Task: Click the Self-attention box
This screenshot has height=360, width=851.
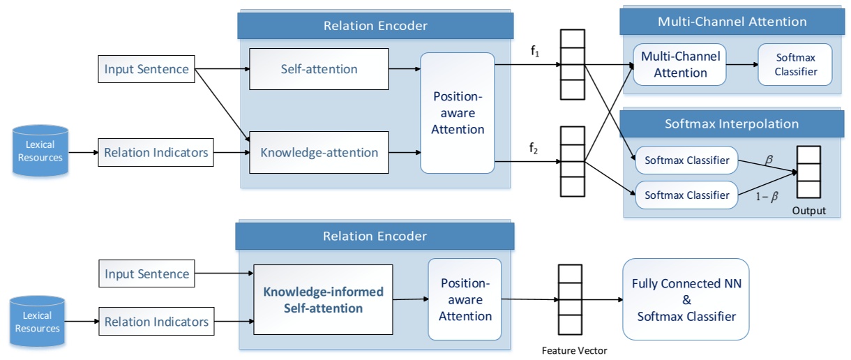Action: point(319,69)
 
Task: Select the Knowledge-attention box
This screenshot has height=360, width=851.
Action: point(319,152)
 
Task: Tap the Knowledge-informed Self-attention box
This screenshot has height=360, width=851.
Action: point(323,299)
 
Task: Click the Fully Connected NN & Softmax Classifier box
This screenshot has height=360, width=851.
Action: point(686,299)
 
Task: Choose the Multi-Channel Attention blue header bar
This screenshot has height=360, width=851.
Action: point(732,22)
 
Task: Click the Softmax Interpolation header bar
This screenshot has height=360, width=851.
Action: point(732,123)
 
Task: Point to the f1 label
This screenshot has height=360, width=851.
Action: point(535,51)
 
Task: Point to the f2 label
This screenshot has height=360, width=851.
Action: point(534,148)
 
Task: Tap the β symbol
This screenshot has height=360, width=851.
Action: point(769,160)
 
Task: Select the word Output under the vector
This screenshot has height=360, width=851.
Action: point(809,211)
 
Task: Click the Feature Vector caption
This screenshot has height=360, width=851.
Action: point(574,351)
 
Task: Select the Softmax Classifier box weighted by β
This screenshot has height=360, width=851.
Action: point(686,161)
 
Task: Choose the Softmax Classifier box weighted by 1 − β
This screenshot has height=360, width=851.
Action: point(686,195)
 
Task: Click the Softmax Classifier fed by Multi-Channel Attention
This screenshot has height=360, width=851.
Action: point(795,65)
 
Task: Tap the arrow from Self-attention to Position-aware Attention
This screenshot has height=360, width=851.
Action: point(405,69)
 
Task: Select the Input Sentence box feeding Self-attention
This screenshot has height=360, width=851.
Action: point(146,69)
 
